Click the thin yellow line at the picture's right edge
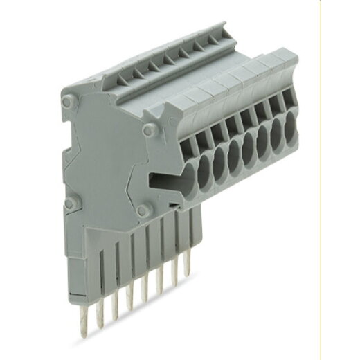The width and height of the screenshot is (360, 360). [x=321, y=180]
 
